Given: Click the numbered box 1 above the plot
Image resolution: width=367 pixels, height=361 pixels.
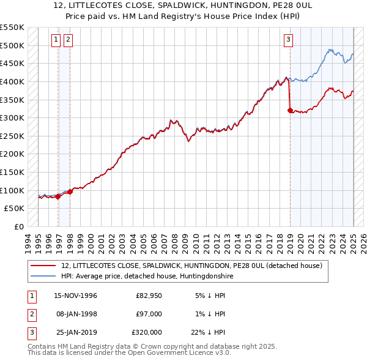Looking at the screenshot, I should (56, 40).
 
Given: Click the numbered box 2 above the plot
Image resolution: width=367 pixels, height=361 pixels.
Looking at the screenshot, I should (67, 40).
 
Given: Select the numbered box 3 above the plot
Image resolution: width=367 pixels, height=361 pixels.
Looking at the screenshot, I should (288, 40).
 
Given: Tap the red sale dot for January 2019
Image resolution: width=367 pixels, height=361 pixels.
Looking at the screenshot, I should (290, 110).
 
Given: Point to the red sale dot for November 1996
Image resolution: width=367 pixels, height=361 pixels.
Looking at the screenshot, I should (58, 196).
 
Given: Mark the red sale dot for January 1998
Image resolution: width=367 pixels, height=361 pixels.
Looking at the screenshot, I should (70, 192).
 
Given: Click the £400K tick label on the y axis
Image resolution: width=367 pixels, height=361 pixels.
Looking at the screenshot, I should (12, 81).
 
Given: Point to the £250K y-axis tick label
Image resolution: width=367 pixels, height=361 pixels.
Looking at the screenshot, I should (12, 136).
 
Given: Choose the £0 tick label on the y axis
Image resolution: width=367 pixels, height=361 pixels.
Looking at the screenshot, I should (18, 226).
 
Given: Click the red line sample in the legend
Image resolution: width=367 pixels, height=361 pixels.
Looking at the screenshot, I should (43, 266).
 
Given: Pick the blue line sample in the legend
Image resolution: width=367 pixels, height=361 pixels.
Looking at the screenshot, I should (43, 276).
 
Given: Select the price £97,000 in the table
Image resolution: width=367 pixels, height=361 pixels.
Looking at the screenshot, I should (149, 314).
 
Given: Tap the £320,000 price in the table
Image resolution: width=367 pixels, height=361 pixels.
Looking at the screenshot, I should (147, 332).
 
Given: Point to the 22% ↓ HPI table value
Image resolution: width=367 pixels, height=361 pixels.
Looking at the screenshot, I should (208, 332).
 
